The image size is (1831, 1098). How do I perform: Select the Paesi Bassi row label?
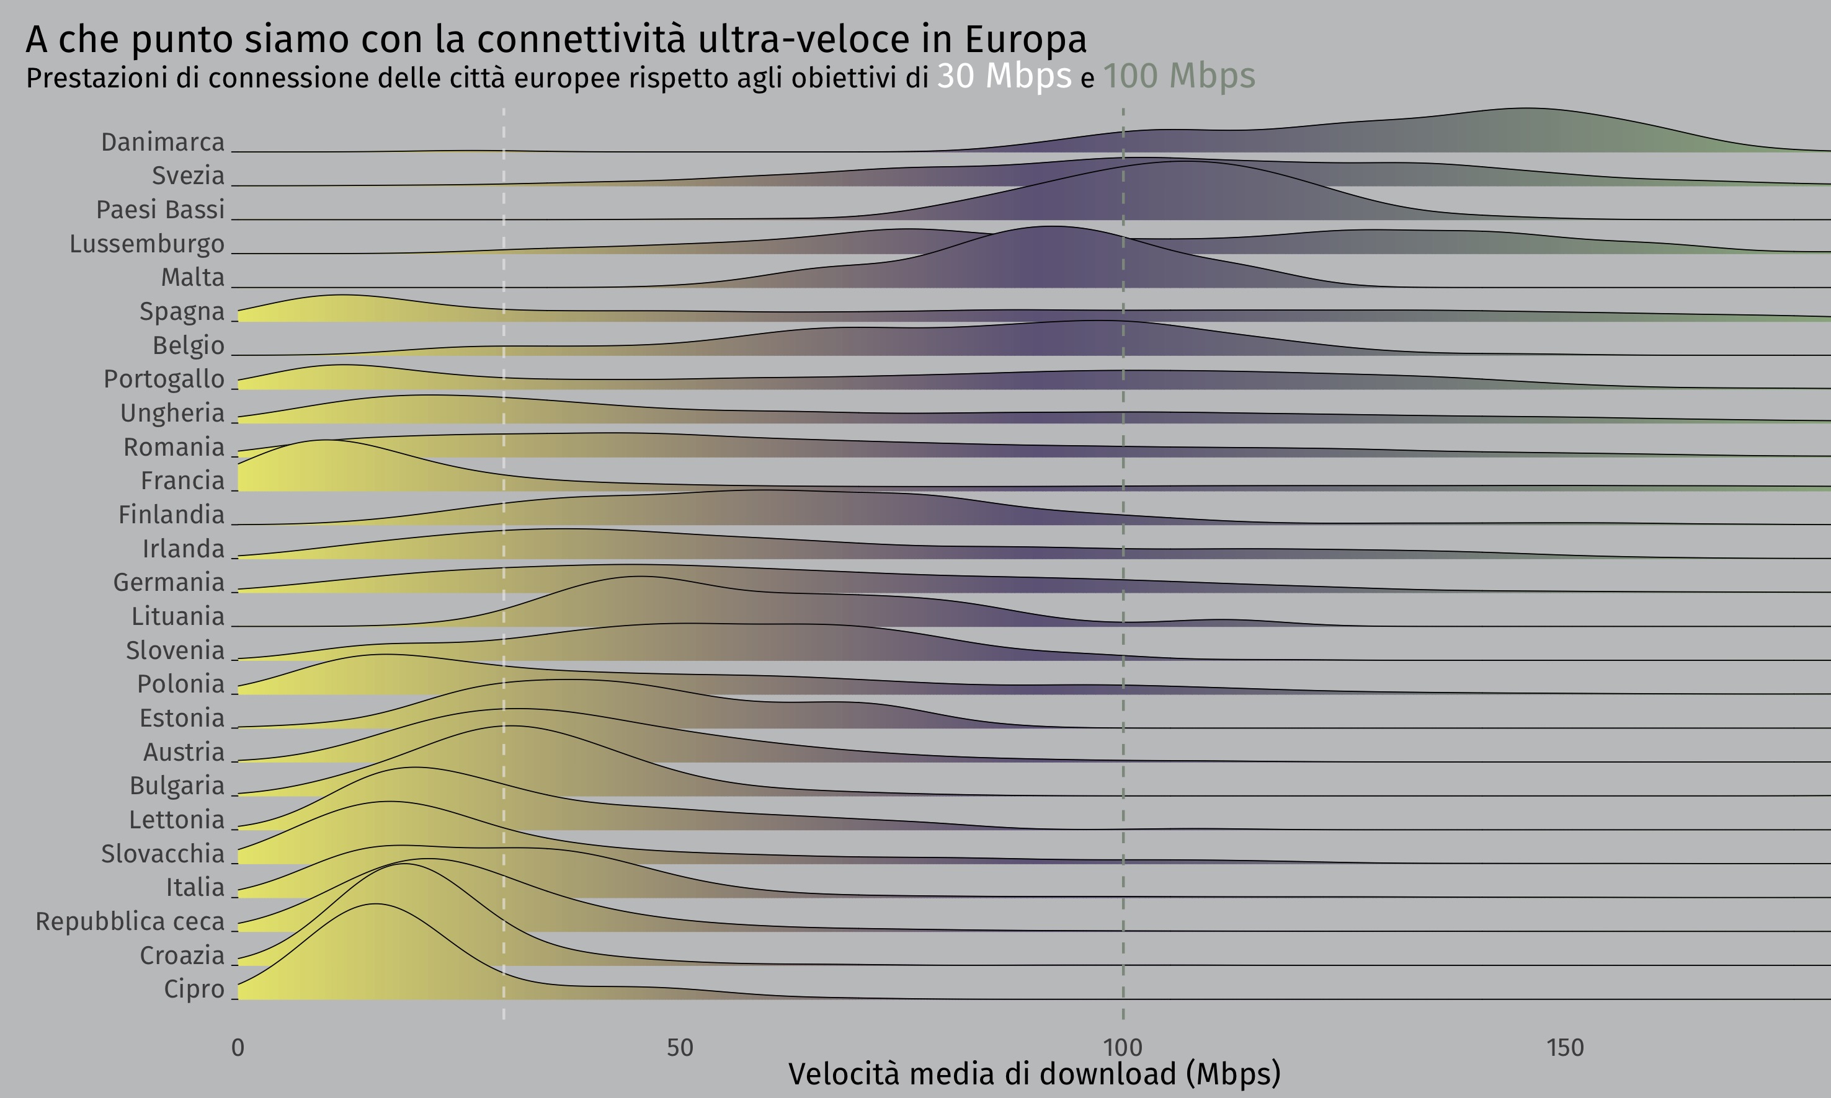[x=160, y=210]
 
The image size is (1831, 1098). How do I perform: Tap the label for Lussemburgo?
[x=146, y=244]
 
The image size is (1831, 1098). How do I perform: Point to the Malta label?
[x=192, y=278]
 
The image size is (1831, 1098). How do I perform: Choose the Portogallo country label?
[x=164, y=379]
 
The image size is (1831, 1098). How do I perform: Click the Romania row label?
[x=173, y=447]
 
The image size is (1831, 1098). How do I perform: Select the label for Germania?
[x=168, y=582]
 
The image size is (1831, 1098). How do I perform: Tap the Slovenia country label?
[x=175, y=650]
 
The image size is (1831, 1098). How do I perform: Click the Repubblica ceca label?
[x=130, y=921]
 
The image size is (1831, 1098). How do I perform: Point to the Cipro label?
[x=194, y=990]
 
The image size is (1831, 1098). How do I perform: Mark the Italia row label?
[x=195, y=887]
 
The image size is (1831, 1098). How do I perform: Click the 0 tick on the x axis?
[x=238, y=1048]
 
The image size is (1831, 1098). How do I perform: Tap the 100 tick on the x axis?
[x=1123, y=1048]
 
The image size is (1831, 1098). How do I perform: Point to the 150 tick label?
[x=1564, y=1048]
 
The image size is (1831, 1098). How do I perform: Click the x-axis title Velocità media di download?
[x=1034, y=1074]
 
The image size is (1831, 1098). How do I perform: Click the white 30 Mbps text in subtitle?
[x=1004, y=76]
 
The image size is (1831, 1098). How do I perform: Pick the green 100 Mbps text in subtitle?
[x=1179, y=76]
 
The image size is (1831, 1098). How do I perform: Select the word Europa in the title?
[x=1026, y=40]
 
